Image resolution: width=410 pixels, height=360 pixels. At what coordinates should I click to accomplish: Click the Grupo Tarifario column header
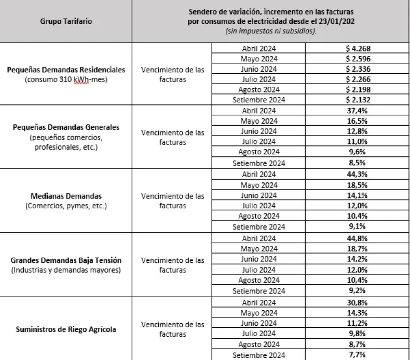(x=66, y=22)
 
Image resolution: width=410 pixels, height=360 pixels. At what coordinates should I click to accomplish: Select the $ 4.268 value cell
(x=358, y=48)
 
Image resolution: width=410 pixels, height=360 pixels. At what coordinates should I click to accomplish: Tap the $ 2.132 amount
(x=358, y=99)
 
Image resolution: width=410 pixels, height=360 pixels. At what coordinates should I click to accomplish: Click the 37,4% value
(x=358, y=110)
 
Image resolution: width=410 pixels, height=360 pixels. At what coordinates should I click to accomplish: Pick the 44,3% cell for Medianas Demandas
(x=358, y=175)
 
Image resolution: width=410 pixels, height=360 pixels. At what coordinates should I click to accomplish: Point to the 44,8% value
(x=358, y=238)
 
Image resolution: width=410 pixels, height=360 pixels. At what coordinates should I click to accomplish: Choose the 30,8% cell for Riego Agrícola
(x=358, y=303)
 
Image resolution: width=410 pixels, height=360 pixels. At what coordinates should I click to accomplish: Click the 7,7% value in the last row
(x=358, y=355)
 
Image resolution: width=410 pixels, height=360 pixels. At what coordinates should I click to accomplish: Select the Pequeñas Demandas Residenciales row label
(x=66, y=69)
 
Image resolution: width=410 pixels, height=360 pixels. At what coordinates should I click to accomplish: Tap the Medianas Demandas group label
(x=66, y=196)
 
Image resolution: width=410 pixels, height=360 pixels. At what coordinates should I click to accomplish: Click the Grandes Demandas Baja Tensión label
(x=66, y=260)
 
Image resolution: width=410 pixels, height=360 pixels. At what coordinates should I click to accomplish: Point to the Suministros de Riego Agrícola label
(x=66, y=329)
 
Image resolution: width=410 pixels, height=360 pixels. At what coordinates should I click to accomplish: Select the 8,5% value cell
(x=358, y=163)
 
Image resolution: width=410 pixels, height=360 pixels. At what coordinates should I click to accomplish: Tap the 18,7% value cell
(x=358, y=249)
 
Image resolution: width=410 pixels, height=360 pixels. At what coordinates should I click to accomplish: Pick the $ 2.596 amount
(x=358, y=59)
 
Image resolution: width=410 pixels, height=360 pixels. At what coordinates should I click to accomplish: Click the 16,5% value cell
(x=358, y=121)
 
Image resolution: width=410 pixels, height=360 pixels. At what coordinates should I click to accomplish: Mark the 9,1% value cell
(x=358, y=227)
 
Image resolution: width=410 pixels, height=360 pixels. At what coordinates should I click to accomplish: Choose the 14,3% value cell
(x=358, y=313)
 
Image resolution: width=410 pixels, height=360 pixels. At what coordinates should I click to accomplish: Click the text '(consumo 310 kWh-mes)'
(x=66, y=81)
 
